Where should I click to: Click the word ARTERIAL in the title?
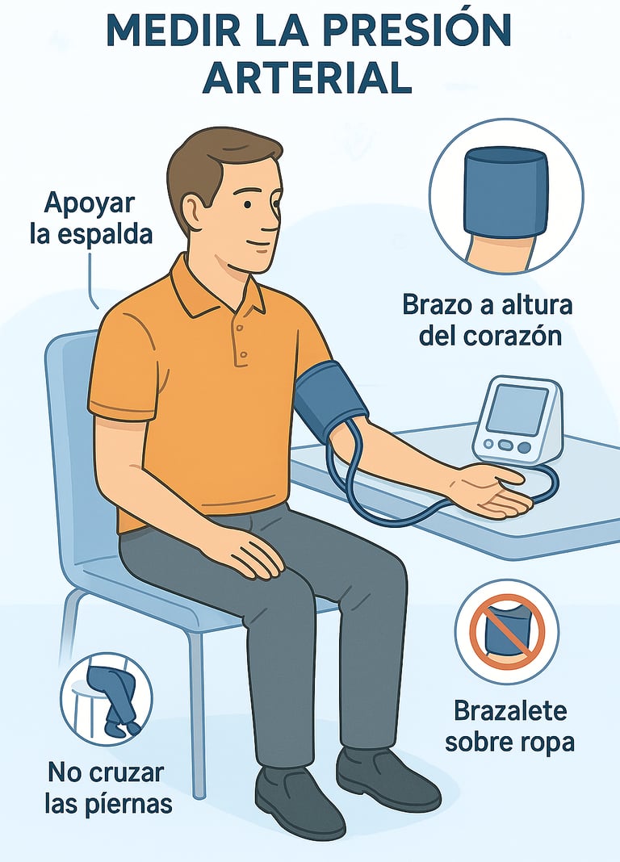309,78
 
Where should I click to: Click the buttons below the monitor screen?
505,446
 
